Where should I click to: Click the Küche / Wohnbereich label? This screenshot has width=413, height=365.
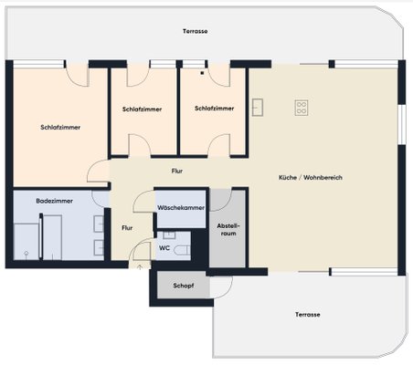[x=311, y=177]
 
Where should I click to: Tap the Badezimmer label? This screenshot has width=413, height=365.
[x=54, y=201]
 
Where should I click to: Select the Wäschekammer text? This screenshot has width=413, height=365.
[x=181, y=208]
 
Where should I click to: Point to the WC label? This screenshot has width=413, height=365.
[x=164, y=248]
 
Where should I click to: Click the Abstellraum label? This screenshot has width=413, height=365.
[x=228, y=230]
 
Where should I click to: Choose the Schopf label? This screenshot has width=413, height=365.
[x=184, y=286]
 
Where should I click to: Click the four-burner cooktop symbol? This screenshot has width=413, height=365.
[x=302, y=108]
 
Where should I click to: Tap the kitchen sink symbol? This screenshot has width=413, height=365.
[x=258, y=108]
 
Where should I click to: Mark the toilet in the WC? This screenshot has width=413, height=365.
[x=182, y=250]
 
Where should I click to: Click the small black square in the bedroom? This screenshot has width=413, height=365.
[x=202, y=73]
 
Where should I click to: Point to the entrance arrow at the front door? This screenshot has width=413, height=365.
[x=140, y=267]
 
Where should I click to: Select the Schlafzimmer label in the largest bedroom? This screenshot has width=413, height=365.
[x=60, y=128]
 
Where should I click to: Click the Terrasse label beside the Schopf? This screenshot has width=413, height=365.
[x=307, y=315]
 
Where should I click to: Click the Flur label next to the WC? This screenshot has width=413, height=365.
[x=127, y=228]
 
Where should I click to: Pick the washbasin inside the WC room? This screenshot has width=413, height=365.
[x=169, y=235]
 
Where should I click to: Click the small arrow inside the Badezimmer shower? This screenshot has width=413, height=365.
[x=26, y=255]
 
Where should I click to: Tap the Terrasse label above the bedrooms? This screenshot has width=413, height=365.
[x=196, y=31]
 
